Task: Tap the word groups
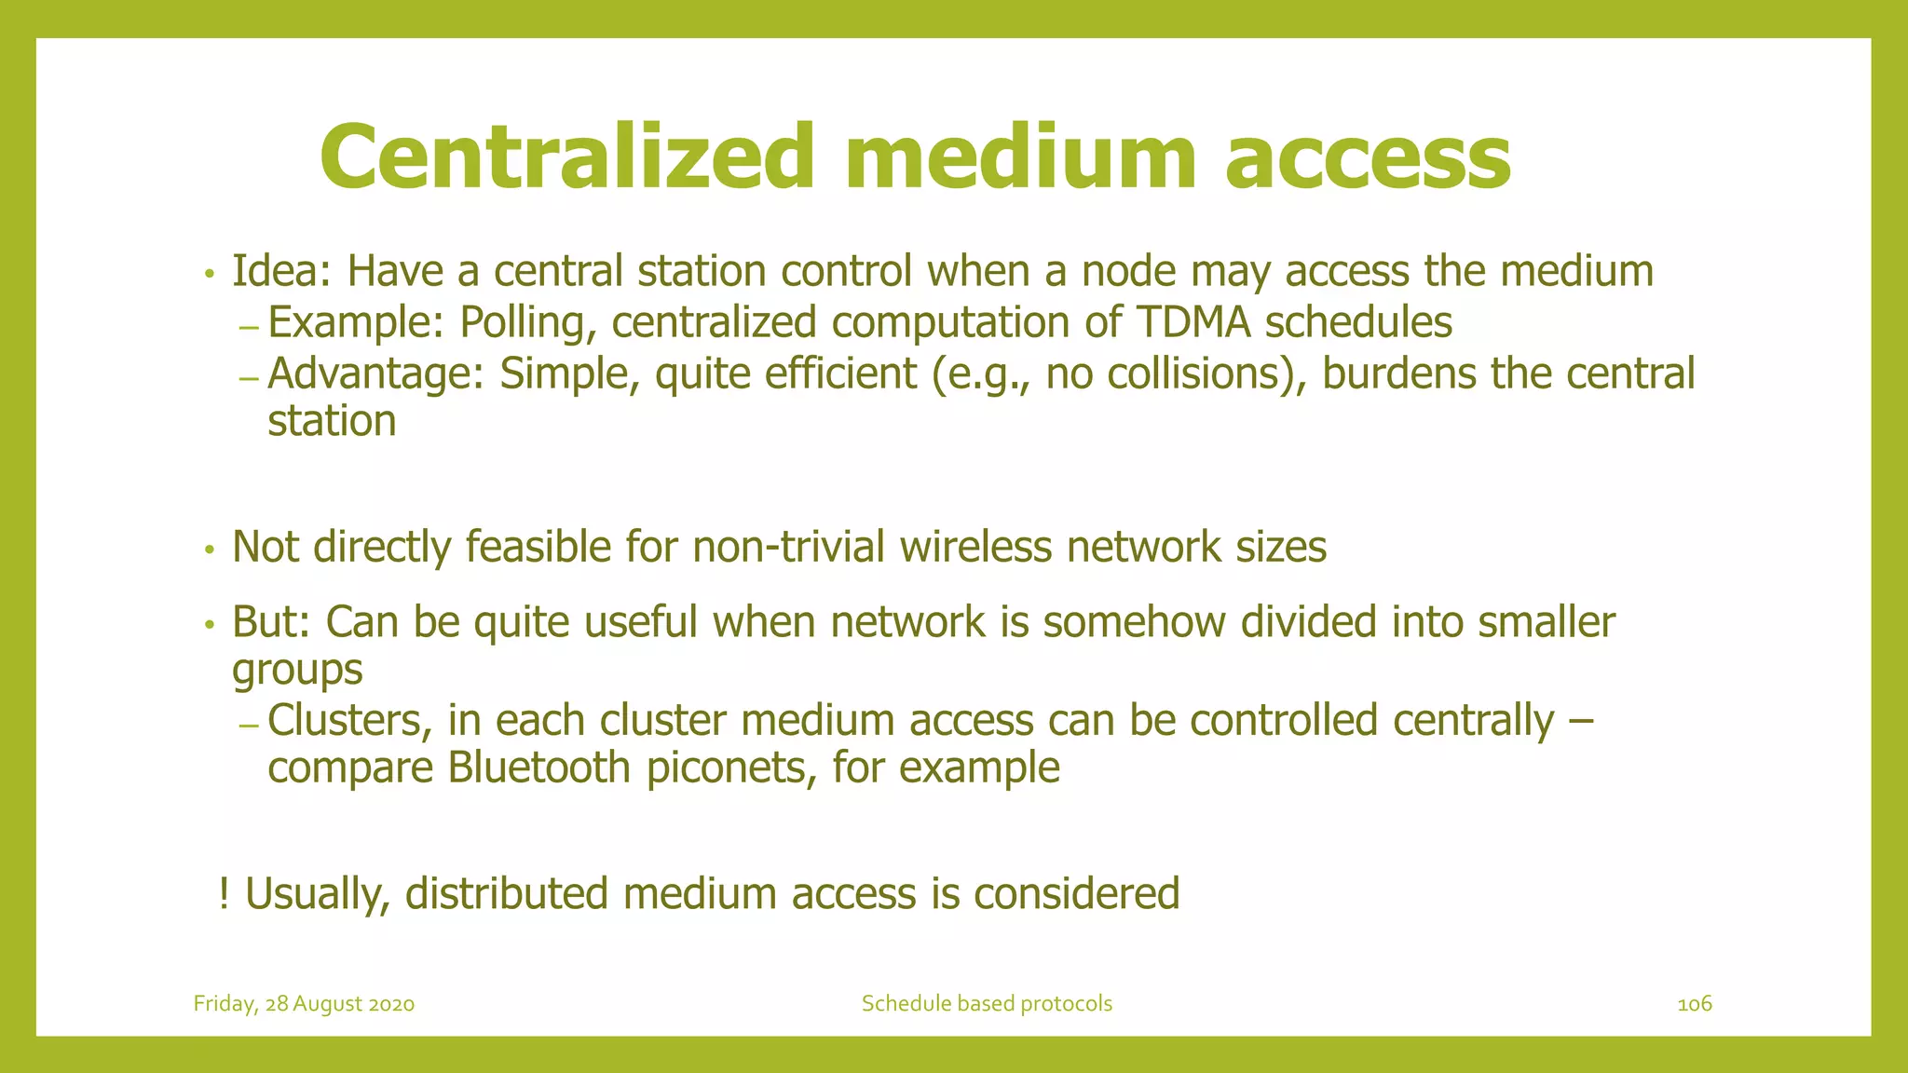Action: click(x=297, y=670)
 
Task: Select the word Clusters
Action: click(x=350, y=721)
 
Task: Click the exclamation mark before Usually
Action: click(x=224, y=893)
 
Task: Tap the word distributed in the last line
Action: click(x=506, y=893)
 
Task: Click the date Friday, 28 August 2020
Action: click(x=304, y=1003)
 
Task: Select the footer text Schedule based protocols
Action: click(x=987, y=1003)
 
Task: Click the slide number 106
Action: click(x=1694, y=1003)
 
